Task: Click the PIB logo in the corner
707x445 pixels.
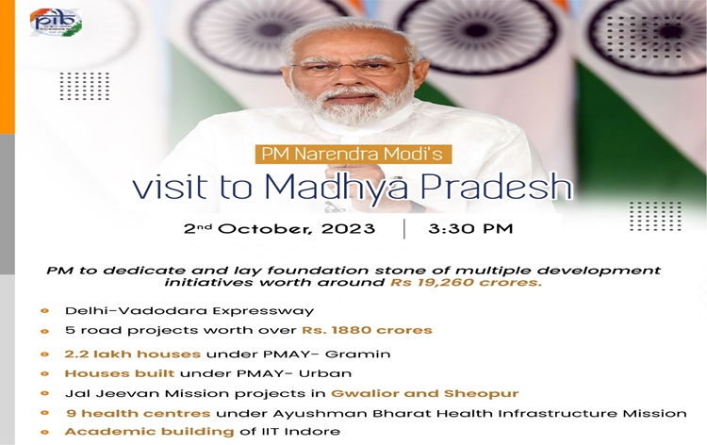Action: point(56,22)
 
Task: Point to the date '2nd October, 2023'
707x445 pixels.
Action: point(279,229)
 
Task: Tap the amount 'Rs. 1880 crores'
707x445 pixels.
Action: point(367,330)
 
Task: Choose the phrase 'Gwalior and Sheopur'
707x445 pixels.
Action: point(424,392)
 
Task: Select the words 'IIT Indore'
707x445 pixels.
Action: point(303,431)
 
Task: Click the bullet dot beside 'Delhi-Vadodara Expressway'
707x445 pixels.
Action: point(44,310)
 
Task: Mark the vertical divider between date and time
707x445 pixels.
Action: point(403,229)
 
